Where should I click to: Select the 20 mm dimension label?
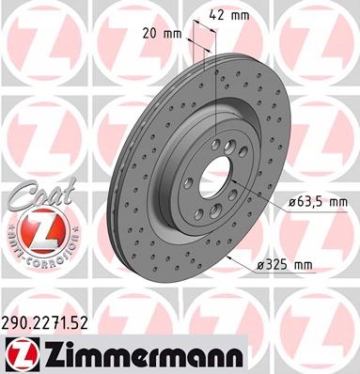[x=162, y=33]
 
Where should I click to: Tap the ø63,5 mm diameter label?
[x=318, y=202]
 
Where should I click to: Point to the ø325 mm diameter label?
[x=284, y=265]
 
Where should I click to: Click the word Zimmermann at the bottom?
[x=145, y=354]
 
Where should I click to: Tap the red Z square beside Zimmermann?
[x=23, y=354]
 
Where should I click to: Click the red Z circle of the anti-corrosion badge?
[x=43, y=230]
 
